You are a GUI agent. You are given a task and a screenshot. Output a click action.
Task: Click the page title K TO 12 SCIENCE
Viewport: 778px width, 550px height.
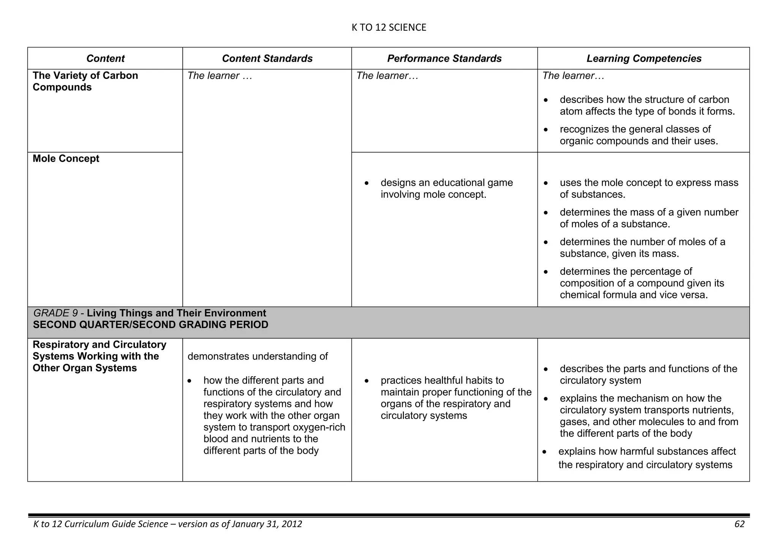tap(389, 27)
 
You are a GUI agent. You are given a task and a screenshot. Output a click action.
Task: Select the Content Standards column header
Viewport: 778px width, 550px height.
tap(267, 58)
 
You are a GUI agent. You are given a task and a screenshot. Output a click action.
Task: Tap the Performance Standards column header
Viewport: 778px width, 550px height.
tap(444, 58)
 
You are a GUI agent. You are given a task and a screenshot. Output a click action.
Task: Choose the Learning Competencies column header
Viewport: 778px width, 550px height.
tap(644, 58)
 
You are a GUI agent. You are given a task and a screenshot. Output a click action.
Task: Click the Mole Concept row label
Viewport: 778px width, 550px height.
tap(66, 159)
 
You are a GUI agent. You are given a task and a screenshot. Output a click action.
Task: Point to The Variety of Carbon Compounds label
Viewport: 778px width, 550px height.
tap(85, 81)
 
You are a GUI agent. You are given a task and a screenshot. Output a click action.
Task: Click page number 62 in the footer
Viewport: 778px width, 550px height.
tap(739, 524)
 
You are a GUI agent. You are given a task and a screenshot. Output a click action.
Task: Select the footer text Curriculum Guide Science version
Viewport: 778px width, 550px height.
tap(167, 524)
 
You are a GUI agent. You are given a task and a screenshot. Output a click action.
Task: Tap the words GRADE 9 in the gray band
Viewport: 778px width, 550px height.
tap(55, 314)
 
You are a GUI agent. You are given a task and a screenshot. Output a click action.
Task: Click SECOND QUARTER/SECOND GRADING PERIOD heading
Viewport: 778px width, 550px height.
tap(150, 325)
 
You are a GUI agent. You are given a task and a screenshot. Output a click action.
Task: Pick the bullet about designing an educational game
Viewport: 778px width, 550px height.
tap(446, 189)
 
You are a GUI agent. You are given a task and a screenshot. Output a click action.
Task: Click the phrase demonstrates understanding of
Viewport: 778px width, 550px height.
tap(258, 356)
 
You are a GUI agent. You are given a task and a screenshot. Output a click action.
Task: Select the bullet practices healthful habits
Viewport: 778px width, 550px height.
tap(456, 398)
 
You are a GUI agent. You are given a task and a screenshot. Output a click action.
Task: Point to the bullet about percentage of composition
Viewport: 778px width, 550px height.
tap(642, 283)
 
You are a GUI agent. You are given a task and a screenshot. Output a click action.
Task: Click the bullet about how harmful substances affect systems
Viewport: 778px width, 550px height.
tap(646, 458)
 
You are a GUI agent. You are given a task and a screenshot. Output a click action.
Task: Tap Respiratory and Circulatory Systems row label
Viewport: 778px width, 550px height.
tap(99, 356)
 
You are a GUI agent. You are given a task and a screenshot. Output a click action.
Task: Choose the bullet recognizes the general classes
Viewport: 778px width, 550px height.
tap(638, 135)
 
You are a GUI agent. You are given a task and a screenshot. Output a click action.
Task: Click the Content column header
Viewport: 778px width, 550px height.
tap(105, 58)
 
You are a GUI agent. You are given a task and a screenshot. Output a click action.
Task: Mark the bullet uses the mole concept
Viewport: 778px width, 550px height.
tap(648, 189)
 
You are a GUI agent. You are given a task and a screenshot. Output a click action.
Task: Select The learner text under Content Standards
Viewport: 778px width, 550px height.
tap(220, 76)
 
